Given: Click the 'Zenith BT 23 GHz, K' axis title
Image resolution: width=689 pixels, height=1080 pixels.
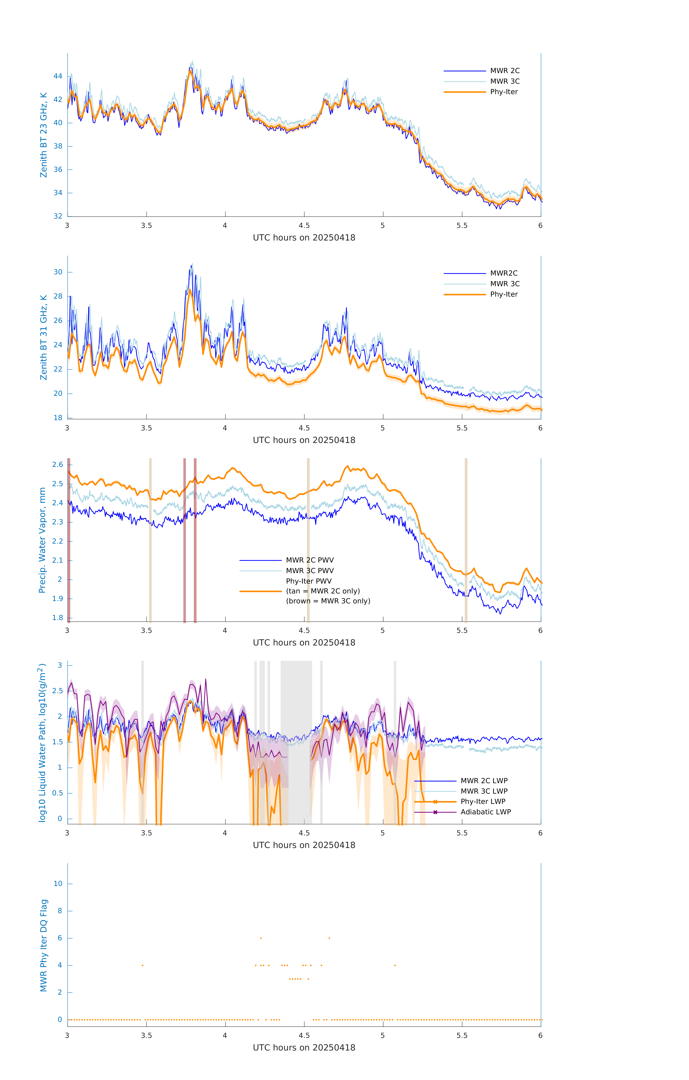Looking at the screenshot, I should pos(44,135).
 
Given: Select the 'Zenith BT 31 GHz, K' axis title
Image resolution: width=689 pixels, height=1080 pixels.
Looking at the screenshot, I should pos(44,337).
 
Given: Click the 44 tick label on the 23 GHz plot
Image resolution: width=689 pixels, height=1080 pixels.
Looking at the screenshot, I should pos(58,76).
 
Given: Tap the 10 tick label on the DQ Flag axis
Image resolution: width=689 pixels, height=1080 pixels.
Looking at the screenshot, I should pos(58,884).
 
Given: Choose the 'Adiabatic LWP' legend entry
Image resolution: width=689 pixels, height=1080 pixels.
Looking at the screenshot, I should pos(486,812).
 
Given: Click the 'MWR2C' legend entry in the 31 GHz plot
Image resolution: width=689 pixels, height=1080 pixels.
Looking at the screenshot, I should pos(504,273).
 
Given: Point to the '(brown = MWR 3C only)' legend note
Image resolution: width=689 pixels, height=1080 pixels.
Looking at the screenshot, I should pos(328,601).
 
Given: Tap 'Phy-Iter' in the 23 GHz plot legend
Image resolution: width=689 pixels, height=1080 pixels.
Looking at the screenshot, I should pos(504,92).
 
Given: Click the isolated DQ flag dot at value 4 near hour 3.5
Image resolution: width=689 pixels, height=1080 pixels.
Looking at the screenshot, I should pos(143,965).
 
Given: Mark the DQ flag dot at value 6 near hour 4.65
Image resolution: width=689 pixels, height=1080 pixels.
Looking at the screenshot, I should pos(329,938).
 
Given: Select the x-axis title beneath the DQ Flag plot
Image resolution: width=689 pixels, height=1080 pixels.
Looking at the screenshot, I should pos(304,1048).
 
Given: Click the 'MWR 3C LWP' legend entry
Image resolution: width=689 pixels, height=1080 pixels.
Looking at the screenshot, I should pos(484,791).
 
